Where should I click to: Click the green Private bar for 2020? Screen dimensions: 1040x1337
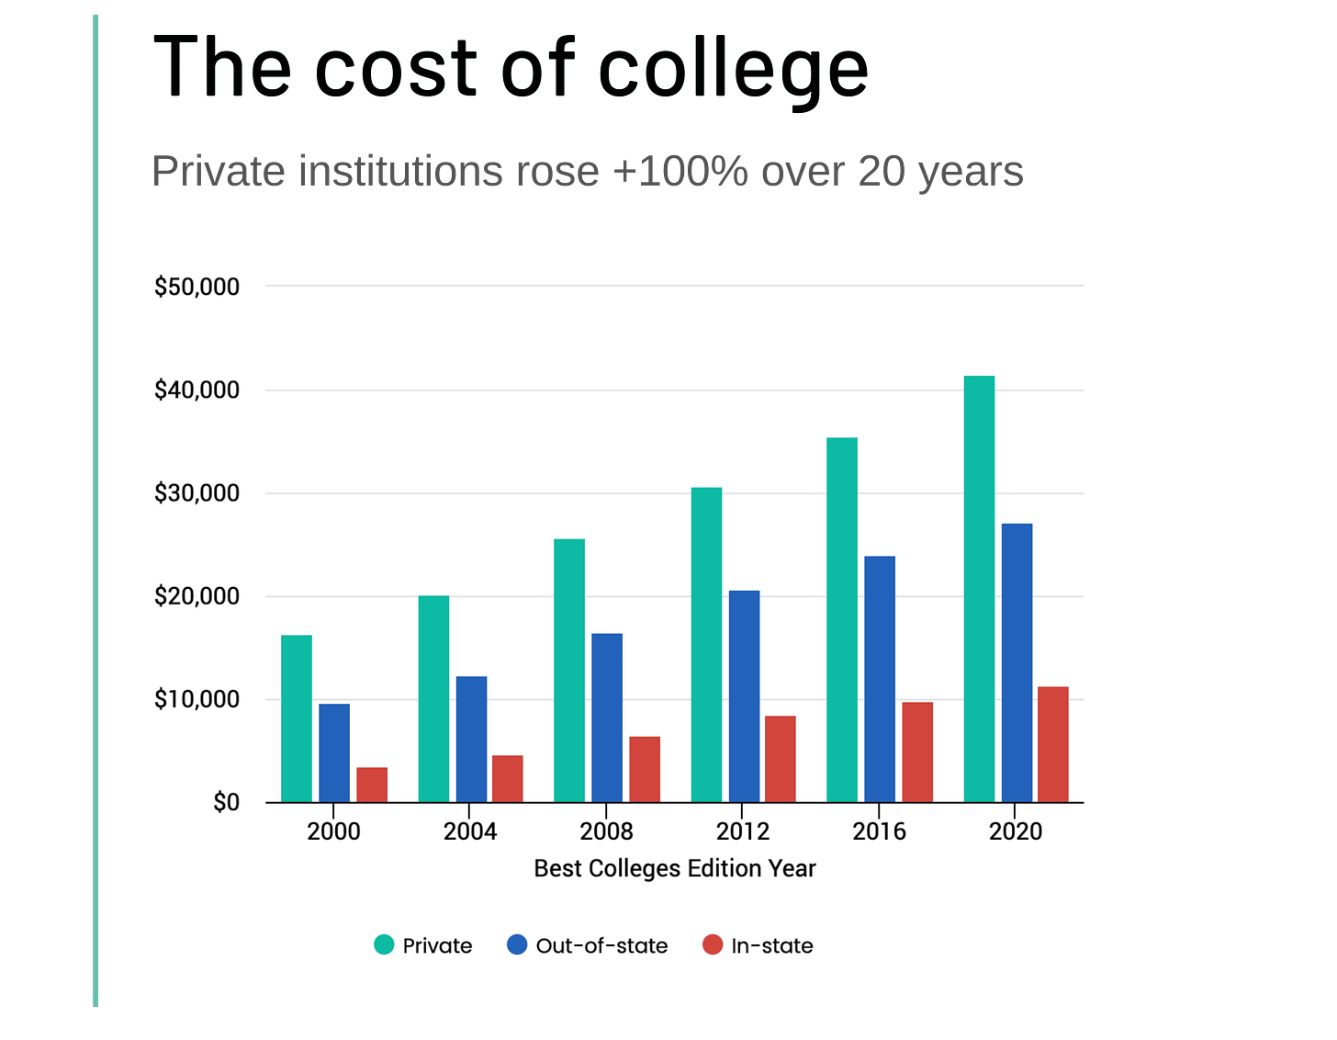(979, 589)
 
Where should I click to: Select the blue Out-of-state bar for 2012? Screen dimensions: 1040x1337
(744, 696)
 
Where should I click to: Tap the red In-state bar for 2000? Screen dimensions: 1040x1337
(372, 785)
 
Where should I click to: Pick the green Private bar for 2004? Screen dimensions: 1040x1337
(433, 699)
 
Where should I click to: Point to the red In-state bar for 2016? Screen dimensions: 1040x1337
(917, 752)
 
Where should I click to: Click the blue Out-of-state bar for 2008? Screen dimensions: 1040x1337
(607, 718)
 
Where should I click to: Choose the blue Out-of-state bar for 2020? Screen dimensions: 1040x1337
(1017, 662)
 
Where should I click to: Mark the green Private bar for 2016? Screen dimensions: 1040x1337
(842, 620)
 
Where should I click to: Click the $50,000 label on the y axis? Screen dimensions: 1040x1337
(197, 287)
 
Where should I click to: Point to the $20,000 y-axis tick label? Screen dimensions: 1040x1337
(197, 596)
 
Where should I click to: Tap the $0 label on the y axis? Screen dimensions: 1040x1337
(226, 803)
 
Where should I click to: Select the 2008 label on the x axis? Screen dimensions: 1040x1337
(606, 831)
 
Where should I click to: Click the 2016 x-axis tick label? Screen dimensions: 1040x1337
(879, 831)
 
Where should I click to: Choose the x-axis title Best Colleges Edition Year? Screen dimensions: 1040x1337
(675, 868)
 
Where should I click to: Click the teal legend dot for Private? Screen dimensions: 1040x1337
(384, 944)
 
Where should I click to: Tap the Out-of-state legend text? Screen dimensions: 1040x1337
(601, 945)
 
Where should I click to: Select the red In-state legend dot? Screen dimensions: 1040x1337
(713, 944)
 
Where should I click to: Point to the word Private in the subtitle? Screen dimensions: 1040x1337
(219, 172)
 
